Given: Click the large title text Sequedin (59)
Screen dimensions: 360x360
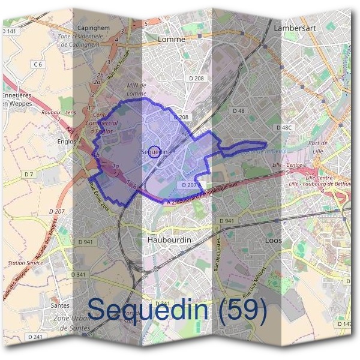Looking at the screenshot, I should (x=177, y=309).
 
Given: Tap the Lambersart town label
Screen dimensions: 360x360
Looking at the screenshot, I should (x=295, y=28).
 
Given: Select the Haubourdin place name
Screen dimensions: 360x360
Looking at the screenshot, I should (x=169, y=239).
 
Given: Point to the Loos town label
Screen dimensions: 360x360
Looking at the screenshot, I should (x=274, y=240).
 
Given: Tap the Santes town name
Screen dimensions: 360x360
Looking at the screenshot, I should (x=60, y=305).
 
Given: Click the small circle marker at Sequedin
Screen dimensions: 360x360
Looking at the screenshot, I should (x=154, y=152).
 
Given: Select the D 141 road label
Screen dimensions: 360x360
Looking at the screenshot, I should (x=10, y=31).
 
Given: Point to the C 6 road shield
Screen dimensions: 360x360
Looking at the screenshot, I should (x=38, y=64).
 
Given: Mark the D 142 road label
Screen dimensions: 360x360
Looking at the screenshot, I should (x=346, y=323).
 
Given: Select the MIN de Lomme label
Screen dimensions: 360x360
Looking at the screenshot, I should (x=137, y=89).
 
